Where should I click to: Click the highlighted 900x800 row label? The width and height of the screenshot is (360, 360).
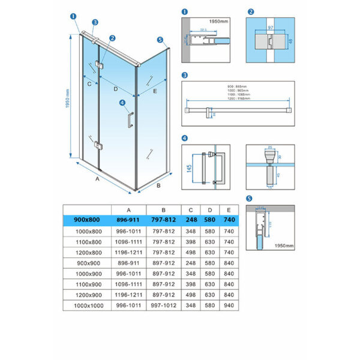point(87,220)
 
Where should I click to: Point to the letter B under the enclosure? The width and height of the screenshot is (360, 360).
point(158,187)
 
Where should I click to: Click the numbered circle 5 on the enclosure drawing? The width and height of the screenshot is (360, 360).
point(160,40)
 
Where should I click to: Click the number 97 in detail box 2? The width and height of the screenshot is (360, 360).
point(270,28)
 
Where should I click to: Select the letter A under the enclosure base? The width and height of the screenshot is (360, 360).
point(97,178)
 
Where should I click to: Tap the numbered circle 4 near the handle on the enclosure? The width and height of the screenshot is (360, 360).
point(122,103)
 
